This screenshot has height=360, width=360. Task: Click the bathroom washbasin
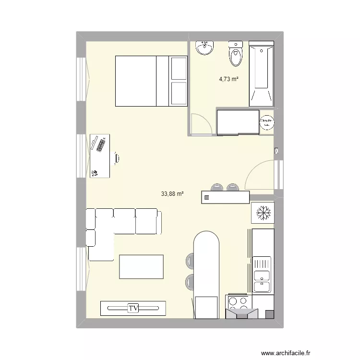coord(205,48)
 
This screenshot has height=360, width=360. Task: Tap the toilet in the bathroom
coord(236,54)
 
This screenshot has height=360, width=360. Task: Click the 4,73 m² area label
coord(229,80)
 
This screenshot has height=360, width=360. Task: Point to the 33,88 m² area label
coord(173,194)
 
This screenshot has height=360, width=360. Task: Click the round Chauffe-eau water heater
coord(266,123)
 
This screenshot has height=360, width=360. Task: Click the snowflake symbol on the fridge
coord(263,212)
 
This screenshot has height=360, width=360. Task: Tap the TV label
coord(133,308)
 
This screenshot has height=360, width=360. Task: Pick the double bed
coord(151,81)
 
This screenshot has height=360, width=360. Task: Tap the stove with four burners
coord(239,302)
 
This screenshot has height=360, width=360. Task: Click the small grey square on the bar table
coord(207,197)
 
